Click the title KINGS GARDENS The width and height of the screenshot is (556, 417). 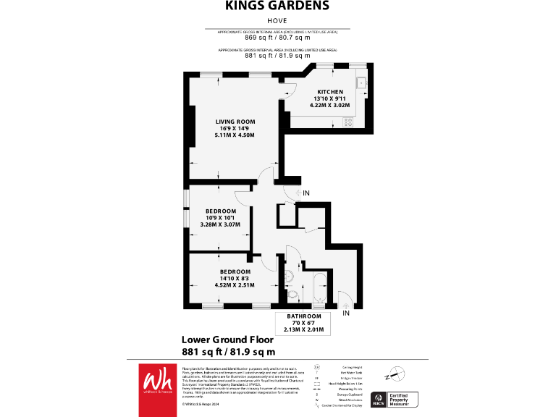277,7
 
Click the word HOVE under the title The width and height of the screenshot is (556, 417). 277,22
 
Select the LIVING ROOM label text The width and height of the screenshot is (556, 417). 235,121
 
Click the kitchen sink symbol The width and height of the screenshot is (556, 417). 361,81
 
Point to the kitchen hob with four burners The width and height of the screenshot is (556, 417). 347,122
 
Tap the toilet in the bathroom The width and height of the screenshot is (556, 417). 292,295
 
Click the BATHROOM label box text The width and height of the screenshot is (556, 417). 303,317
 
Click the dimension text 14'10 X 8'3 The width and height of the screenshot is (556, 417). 235,278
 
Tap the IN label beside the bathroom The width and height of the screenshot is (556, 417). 345,313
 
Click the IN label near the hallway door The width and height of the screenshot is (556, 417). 306,193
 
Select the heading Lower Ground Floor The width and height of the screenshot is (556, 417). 227,340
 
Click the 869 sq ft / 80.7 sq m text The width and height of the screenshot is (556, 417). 277,38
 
